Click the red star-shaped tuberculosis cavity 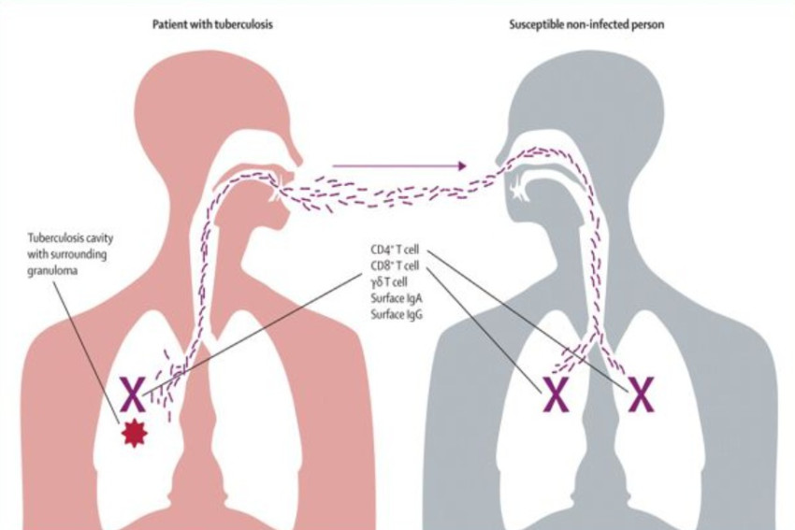tap(135, 434)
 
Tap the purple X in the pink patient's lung tap(132, 394)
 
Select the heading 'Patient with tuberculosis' tap(212, 24)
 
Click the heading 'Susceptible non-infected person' tap(586, 24)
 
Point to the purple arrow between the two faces tap(399, 165)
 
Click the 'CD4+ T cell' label tap(395, 250)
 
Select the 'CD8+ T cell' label tap(395, 265)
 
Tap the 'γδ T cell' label tap(389, 282)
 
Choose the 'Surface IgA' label tap(397, 298)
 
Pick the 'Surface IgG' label tap(397, 314)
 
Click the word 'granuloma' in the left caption tap(52, 270)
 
